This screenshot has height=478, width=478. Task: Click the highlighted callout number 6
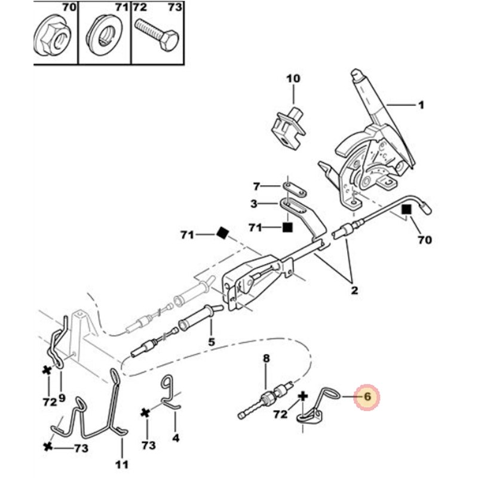click(x=367, y=397)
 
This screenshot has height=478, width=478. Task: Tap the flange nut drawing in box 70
click(x=53, y=36)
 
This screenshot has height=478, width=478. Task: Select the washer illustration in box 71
click(x=104, y=33)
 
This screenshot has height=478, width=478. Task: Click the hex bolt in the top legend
click(x=157, y=35)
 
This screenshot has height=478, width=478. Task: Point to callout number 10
click(x=293, y=79)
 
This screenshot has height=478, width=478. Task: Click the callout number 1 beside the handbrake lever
click(x=421, y=106)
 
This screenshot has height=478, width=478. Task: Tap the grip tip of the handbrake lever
click(x=356, y=73)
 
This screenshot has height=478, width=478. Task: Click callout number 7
click(x=256, y=186)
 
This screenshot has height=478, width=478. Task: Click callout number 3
click(x=254, y=204)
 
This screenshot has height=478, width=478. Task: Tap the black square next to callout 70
click(x=407, y=210)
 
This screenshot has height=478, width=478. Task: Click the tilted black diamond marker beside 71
click(x=223, y=233)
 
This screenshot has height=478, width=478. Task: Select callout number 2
click(x=354, y=290)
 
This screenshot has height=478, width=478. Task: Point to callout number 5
click(x=212, y=342)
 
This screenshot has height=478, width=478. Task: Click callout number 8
click(x=266, y=358)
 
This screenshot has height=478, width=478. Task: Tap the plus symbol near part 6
click(x=303, y=396)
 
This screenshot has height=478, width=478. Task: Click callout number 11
click(x=122, y=465)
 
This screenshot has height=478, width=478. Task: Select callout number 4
click(x=176, y=438)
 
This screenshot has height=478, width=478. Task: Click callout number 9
click(x=62, y=397)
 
